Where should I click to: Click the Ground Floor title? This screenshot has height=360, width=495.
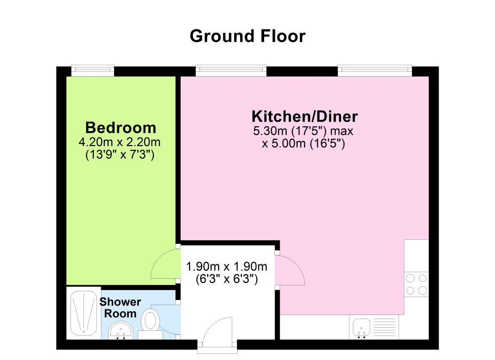click(x=247, y=36)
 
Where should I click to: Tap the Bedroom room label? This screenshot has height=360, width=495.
click(x=121, y=127)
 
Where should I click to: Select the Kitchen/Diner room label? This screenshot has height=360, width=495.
click(x=305, y=116)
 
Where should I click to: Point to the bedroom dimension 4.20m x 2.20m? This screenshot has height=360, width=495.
click(x=121, y=142)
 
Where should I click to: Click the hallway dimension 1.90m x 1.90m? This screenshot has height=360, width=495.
click(x=227, y=267)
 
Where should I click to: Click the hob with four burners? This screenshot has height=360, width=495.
click(x=416, y=284)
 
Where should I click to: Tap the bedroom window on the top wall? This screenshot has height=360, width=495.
click(x=93, y=71)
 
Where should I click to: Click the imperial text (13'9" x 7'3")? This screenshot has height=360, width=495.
click(x=121, y=155)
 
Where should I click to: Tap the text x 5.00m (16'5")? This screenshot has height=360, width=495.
click(x=304, y=144)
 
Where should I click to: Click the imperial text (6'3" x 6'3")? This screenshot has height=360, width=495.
click(x=227, y=280)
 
